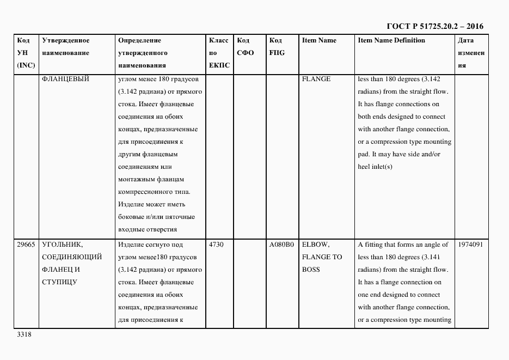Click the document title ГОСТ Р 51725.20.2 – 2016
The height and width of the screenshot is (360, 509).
[434, 26]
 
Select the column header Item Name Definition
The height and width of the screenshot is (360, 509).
[391, 41]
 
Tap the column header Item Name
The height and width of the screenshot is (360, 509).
[319, 41]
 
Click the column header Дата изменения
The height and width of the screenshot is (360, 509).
[470, 53]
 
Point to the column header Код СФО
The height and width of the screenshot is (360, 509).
[246, 47]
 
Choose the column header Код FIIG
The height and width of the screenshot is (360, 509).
[277, 47]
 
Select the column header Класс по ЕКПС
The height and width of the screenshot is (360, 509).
[219, 53]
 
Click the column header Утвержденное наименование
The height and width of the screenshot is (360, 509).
[65, 47]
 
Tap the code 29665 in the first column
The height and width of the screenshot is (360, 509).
[26, 245]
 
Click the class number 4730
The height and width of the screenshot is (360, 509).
[216, 245]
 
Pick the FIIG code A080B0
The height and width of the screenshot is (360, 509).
[281, 245]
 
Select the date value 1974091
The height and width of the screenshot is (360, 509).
[471, 245]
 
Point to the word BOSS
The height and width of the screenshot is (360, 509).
[311, 270]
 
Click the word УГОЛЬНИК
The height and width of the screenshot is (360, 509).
[62, 245]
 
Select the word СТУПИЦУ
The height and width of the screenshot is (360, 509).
[58, 283]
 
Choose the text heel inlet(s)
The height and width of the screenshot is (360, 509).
[375, 167]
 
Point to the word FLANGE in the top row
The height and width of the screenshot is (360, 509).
[316, 79]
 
